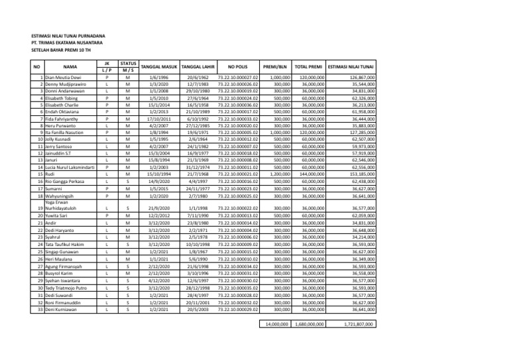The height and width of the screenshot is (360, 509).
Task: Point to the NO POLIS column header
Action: (x=237, y=67)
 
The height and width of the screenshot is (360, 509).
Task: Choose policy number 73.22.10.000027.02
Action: (x=237, y=78)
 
